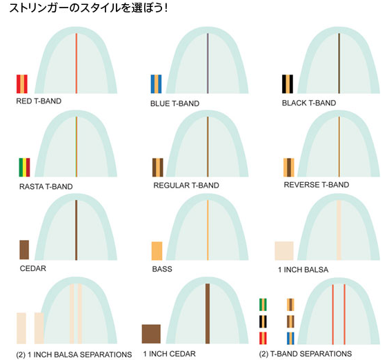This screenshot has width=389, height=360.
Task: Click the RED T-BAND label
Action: (39, 101)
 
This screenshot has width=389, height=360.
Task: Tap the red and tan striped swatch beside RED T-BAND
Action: (22, 84)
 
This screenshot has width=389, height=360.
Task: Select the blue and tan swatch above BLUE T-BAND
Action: (156, 84)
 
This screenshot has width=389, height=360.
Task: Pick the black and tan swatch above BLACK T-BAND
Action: (288, 84)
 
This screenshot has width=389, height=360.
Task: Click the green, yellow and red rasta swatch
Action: (24, 167)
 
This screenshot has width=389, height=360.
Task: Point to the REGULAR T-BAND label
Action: (186, 186)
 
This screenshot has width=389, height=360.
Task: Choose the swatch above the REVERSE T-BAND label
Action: (289, 167)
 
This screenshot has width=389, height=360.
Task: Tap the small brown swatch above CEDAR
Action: (24, 250)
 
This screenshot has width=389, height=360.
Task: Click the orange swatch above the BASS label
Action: (157, 251)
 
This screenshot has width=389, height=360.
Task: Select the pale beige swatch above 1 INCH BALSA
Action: (284, 251)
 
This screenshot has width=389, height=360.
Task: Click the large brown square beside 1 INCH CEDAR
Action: (151, 334)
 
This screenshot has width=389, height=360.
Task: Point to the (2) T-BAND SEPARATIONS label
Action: (305, 354)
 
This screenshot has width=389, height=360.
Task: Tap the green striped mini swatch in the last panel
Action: (263, 305)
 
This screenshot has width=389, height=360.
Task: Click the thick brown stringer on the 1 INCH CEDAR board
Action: (208, 314)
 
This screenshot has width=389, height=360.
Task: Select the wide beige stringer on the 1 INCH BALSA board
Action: (339, 230)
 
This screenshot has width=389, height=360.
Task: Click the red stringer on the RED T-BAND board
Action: (77, 63)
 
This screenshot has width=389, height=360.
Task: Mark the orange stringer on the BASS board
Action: (208, 230)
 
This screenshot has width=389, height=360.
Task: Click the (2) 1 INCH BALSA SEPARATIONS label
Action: (74, 354)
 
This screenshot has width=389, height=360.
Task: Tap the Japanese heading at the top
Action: (88, 8)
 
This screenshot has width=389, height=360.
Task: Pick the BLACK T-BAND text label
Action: (309, 103)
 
